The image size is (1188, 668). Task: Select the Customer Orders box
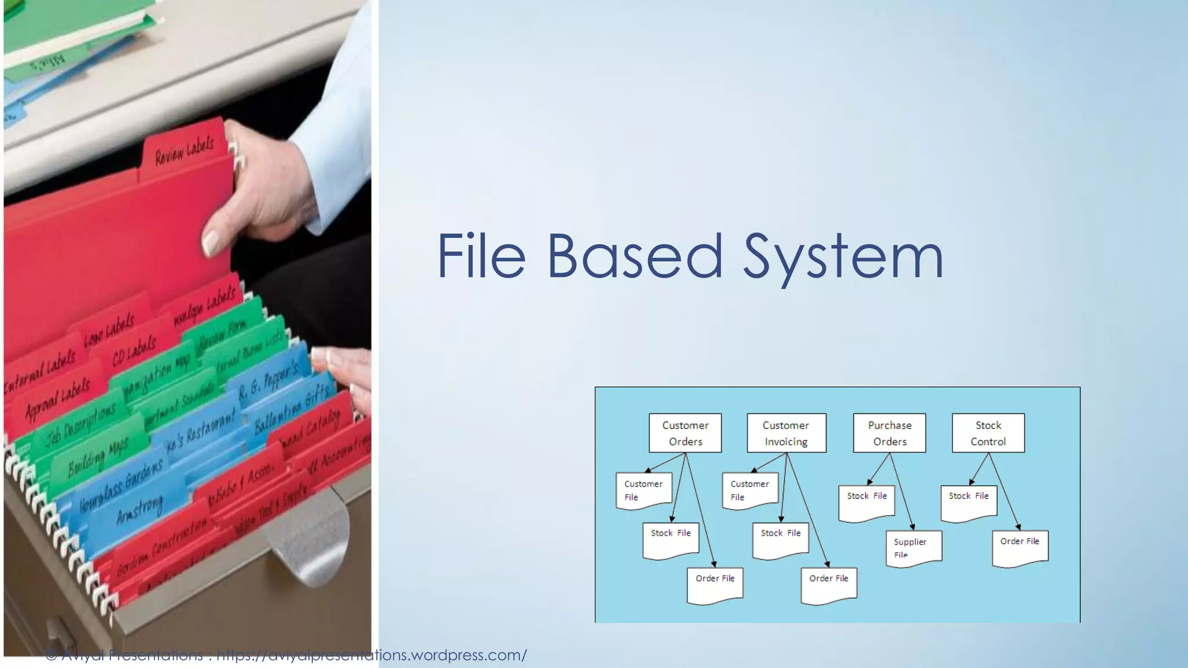pyautogui.click(x=685, y=433)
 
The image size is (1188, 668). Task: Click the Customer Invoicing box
pyautogui.click(x=786, y=433)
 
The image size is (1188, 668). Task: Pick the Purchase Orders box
pyautogui.click(x=889, y=433)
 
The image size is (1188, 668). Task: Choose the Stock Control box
pyautogui.click(x=988, y=433)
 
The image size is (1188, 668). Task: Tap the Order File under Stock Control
pyautogui.click(x=1020, y=547)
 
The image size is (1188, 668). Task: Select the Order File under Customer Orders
pyautogui.click(x=715, y=584)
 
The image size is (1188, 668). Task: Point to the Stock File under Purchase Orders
pyautogui.click(x=867, y=502)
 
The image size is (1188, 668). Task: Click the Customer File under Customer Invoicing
pyautogui.click(x=750, y=491)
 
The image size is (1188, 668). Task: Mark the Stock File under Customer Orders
pyautogui.click(x=671, y=539)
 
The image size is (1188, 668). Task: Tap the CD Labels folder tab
pyautogui.click(x=134, y=351)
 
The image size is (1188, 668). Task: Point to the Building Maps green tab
pyautogui.click(x=98, y=456)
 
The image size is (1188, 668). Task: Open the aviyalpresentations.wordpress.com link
pyautogui.click(x=371, y=655)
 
